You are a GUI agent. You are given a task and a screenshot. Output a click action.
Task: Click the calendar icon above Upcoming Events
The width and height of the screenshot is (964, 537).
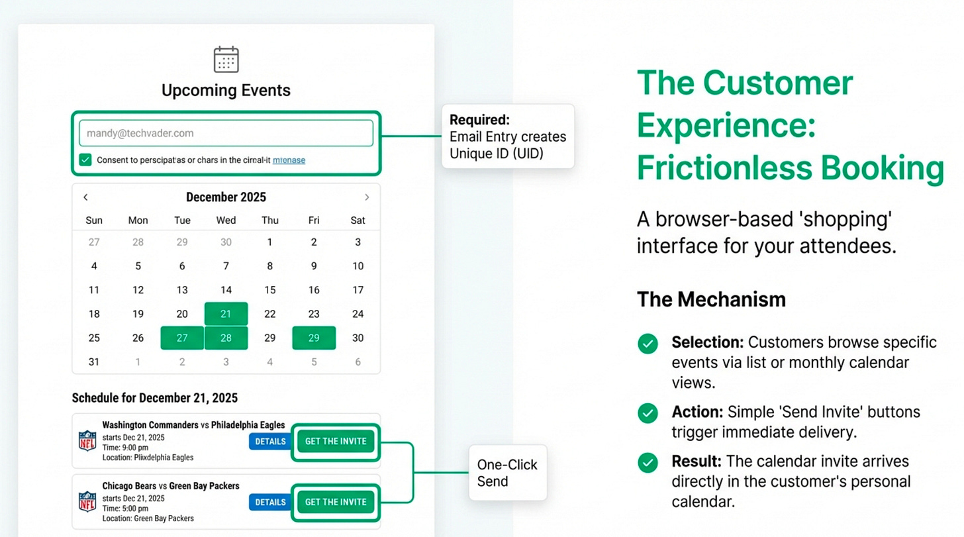tap(226, 60)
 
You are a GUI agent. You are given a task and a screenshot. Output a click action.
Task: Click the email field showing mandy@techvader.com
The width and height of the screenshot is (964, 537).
tap(226, 133)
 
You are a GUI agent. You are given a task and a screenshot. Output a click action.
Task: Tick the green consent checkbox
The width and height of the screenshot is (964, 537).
tap(85, 160)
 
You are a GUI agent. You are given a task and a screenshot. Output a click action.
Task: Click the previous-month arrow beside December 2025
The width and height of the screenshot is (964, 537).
tap(85, 197)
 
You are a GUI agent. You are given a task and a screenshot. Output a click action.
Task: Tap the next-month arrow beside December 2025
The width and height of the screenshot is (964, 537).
tap(367, 197)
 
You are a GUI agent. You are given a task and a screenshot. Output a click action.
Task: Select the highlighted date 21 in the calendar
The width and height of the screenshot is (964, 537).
tap(226, 314)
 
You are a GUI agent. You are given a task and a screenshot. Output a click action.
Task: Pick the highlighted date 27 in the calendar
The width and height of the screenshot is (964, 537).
tap(182, 338)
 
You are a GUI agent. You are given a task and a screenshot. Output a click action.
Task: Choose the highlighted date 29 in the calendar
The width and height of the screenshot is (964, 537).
tap(314, 338)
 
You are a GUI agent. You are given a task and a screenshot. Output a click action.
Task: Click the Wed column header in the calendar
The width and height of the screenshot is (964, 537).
tap(226, 220)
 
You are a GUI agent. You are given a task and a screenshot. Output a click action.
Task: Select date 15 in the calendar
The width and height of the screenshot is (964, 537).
tap(269, 290)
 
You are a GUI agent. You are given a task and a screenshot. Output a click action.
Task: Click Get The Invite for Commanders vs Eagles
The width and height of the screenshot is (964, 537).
tap(336, 442)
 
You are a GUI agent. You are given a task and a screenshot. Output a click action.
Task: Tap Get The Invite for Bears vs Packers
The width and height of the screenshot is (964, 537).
tap(336, 502)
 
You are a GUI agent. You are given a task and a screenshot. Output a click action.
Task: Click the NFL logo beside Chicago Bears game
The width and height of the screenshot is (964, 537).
tap(87, 502)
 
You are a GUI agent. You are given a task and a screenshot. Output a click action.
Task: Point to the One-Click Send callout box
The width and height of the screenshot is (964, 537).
tap(508, 473)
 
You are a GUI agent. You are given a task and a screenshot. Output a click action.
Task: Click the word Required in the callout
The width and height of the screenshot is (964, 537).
tap(479, 120)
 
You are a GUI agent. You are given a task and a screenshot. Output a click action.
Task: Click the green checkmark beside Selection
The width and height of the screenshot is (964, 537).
tap(648, 344)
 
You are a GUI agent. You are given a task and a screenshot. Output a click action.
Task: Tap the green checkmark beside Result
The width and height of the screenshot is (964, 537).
tap(648, 463)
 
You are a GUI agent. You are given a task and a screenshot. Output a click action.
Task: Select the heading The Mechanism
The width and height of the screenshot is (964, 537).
tap(711, 299)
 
